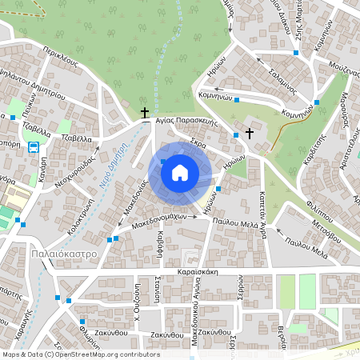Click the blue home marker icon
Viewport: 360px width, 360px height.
point(180,172)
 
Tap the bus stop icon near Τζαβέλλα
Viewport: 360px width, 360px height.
point(34,147)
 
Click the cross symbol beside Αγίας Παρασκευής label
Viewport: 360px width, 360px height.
point(145,114)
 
